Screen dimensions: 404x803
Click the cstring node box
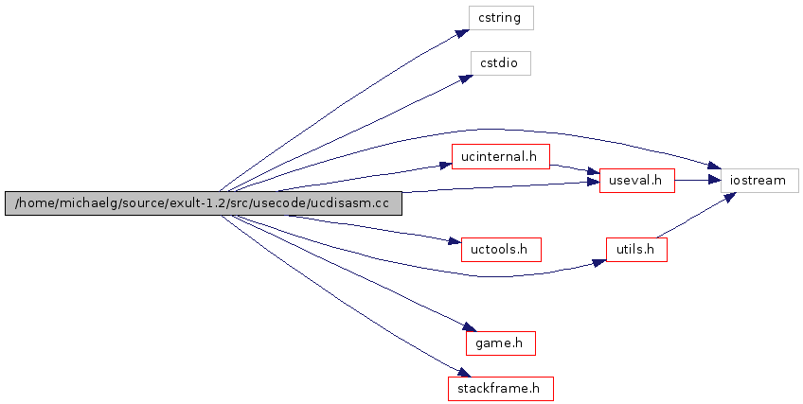500,18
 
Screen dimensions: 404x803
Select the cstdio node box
500,63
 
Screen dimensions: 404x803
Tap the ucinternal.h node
500,156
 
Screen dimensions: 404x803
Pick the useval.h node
636,180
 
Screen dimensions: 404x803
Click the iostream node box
759,180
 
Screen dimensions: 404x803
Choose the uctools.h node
500,250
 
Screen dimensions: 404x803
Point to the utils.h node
636,250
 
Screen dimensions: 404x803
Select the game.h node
500,343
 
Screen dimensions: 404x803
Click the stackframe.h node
500,388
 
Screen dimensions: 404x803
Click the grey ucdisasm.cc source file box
203,203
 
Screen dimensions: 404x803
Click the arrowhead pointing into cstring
461,32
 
